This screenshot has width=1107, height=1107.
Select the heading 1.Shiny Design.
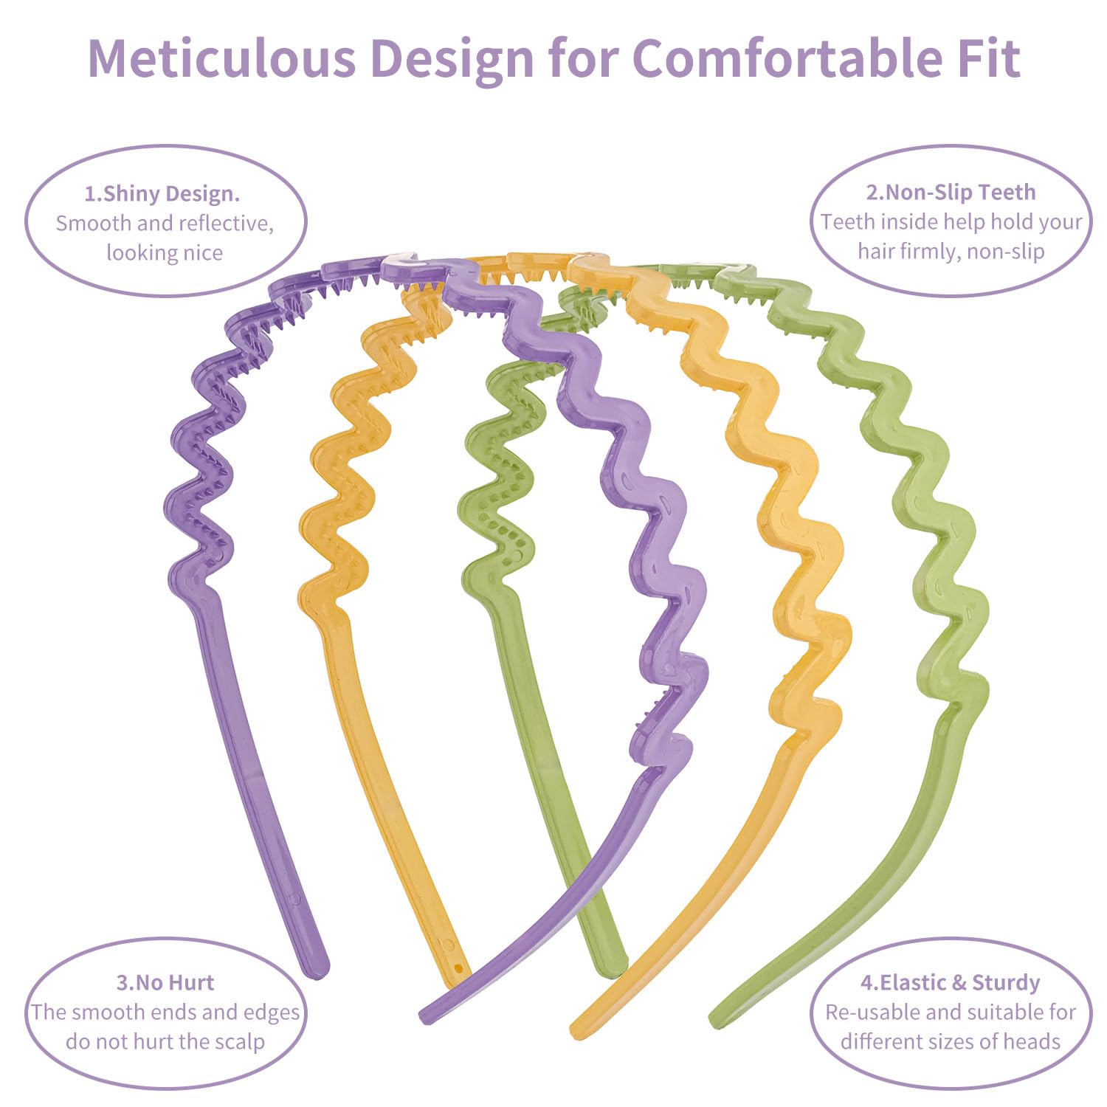[162, 194]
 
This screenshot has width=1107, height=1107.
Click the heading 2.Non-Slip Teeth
[951, 193]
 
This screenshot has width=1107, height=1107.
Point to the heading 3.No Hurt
[165, 982]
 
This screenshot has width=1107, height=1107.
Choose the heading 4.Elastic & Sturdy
[951, 982]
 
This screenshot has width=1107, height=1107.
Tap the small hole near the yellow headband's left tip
[458, 968]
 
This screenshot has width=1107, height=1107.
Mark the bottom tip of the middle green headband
[616, 968]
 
